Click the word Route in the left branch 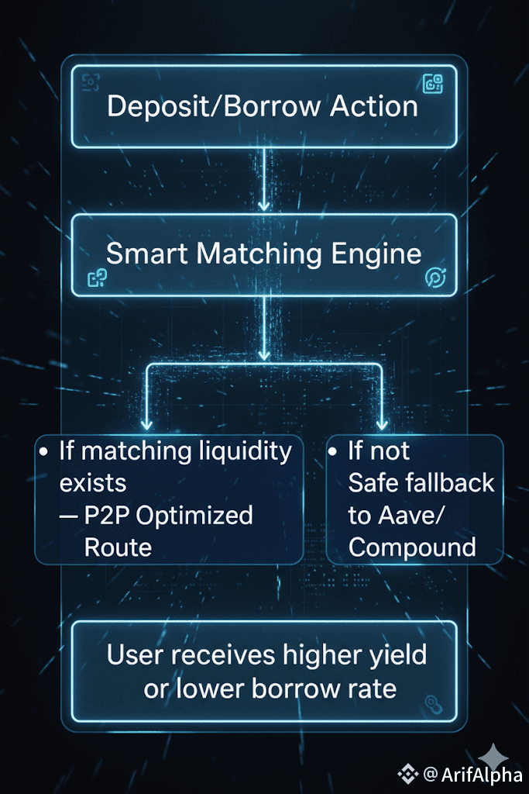118,547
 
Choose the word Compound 412,547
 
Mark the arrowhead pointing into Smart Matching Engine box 264,205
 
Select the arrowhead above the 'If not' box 380,425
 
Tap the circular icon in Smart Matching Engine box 435,278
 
